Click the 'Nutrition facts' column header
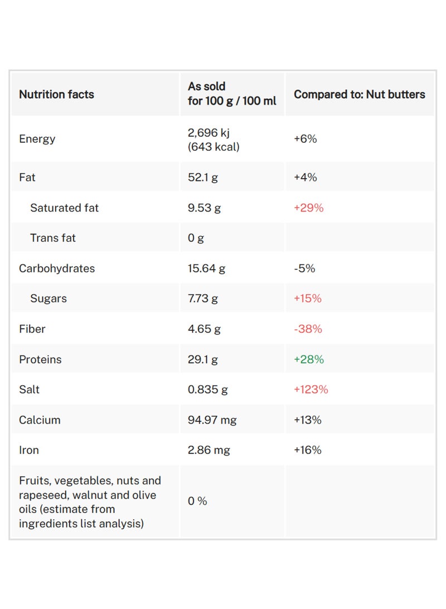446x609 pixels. [x=57, y=94]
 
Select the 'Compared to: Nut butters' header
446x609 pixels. [x=360, y=94]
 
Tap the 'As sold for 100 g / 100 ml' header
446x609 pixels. [x=232, y=94]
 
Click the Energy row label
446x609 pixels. [x=37, y=139]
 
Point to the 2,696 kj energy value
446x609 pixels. [x=209, y=133]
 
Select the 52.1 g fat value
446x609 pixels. [x=203, y=178]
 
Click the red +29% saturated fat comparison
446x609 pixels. [x=309, y=208]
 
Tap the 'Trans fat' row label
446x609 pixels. [x=53, y=238]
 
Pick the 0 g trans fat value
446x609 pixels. [x=196, y=238]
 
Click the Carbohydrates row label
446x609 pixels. [x=57, y=268]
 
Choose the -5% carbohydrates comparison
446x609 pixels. [x=304, y=268]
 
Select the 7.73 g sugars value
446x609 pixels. [x=203, y=298]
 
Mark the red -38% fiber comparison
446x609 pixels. [x=308, y=329]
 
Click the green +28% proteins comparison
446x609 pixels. [x=309, y=359]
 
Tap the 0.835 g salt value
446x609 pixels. [x=208, y=389]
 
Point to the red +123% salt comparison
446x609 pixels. [x=311, y=389]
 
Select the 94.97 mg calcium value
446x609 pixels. [x=212, y=420]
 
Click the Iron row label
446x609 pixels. [x=29, y=450]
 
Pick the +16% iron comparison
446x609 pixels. [x=308, y=450]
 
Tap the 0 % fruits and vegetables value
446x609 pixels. [x=197, y=501]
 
